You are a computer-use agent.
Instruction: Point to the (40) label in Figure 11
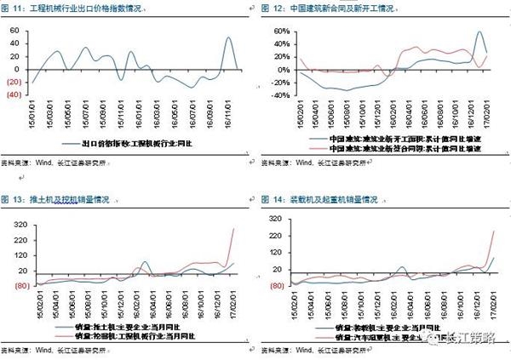[14, 95]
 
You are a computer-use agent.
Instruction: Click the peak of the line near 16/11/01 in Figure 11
[228, 37]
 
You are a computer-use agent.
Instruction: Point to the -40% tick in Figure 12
[280, 95]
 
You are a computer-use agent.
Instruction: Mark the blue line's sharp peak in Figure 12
[481, 32]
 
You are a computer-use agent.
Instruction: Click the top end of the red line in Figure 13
[234, 229]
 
